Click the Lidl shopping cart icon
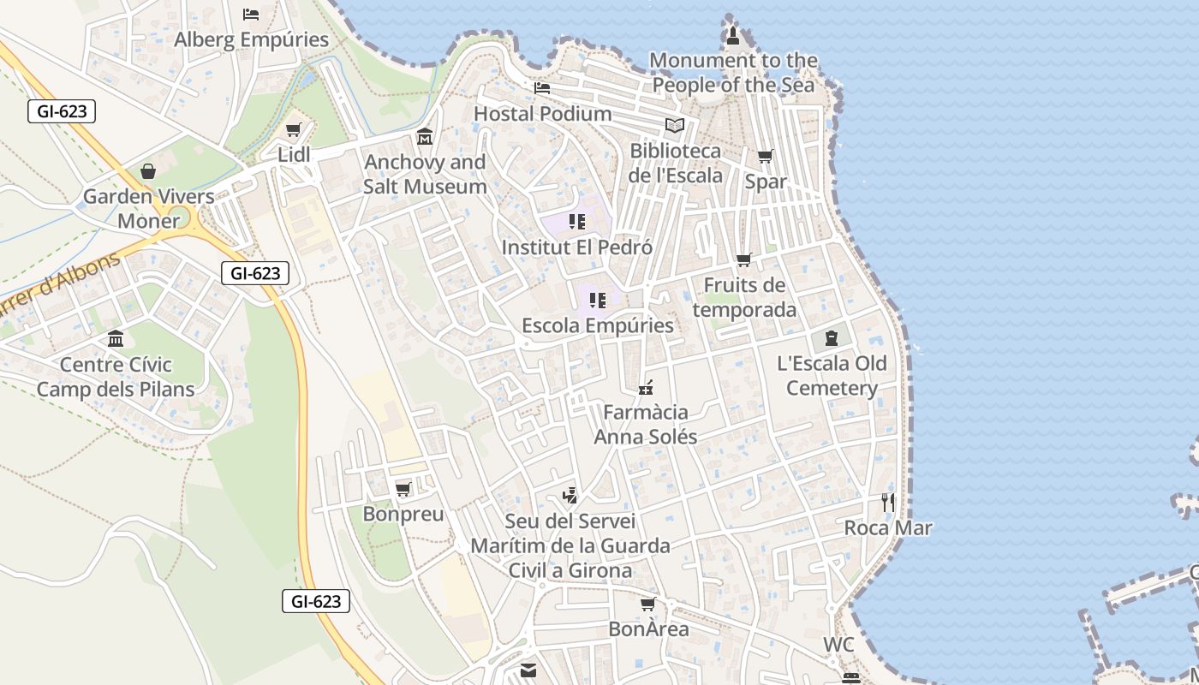click(294, 130)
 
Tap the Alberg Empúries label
click(251, 39)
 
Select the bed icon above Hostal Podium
click(542, 88)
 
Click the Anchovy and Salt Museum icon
click(425, 137)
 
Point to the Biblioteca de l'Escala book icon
click(675, 126)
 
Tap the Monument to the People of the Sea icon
click(733, 36)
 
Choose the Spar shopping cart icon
click(765, 157)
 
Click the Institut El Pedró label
click(576, 247)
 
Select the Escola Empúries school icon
click(598, 301)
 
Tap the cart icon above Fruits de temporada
click(744, 259)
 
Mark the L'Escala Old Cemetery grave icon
click(831, 338)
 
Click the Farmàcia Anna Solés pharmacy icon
click(646, 388)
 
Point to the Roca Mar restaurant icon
click(888, 503)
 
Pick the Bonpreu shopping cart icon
click(403, 490)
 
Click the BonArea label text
click(648, 629)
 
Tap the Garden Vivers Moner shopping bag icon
click(148, 171)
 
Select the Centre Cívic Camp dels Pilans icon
click(116, 339)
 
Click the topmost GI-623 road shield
click(61, 111)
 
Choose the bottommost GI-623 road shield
click(316, 601)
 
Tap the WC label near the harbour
click(838, 645)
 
